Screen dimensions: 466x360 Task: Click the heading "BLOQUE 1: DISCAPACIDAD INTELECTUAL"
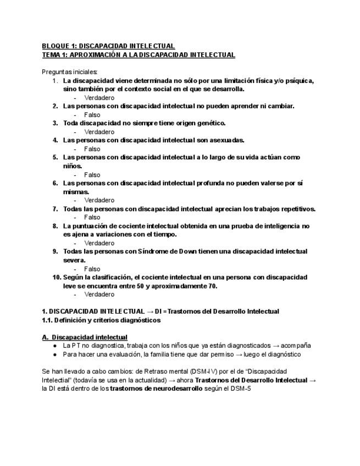(x=108, y=46)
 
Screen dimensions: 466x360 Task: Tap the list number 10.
(x=56, y=277)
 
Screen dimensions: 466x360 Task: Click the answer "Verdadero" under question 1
(x=99, y=98)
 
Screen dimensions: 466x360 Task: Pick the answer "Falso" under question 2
(x=92, y=115)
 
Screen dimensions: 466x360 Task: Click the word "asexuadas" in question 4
(x=226, y=140)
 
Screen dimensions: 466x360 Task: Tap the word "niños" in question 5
(x=72, y=166)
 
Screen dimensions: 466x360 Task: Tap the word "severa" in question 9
(x=74, y=260)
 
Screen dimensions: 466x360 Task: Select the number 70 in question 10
(x=212, y=286)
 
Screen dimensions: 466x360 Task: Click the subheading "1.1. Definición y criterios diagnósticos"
(x=101, y=320)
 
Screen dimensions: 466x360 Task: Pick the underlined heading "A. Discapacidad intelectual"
(x=85, y=337)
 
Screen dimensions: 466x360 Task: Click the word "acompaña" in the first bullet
(x=297, y=346)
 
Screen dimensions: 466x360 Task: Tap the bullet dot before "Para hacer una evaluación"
(x=56, y=354)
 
